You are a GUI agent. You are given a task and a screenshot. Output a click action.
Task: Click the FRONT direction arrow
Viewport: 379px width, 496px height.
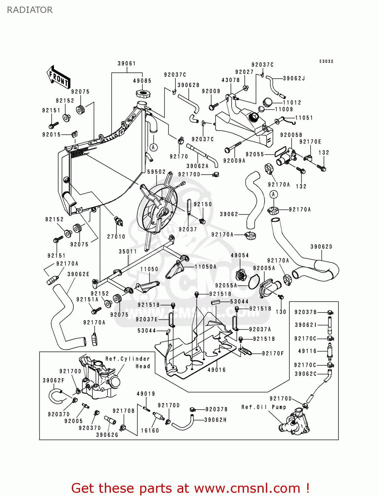point(59,77)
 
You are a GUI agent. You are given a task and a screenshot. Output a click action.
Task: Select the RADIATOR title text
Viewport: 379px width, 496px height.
point(30,10)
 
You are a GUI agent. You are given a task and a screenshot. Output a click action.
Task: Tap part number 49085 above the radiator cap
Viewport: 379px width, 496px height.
point(142,81)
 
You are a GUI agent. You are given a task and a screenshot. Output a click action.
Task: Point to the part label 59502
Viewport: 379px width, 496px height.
point(156,172)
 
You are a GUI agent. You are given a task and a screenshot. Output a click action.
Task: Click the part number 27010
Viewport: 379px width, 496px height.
point(116,237)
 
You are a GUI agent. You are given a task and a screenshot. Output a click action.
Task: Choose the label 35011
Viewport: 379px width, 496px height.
point(128,252)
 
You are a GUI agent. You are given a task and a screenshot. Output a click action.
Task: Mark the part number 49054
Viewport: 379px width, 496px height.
point(240,255)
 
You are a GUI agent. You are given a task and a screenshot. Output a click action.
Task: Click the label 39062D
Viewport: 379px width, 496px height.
point(321,247)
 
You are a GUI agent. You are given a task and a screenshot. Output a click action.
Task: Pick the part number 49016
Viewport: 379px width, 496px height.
point(217,370)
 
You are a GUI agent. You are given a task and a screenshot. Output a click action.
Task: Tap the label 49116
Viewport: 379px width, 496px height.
point(307,351)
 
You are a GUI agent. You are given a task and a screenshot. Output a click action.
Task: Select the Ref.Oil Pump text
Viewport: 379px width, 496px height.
point(264,407)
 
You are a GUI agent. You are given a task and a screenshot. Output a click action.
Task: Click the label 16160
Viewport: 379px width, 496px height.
point(150,431)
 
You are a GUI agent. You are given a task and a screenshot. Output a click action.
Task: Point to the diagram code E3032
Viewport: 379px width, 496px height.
point(326,62)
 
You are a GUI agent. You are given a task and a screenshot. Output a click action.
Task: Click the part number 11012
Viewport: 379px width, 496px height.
point(292,103)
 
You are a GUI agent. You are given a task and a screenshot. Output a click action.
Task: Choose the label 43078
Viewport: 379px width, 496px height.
point(231,80)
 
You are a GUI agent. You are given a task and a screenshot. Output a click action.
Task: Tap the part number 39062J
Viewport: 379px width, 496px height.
point(294,78)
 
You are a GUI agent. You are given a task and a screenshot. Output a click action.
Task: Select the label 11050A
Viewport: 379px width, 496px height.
point(205,267)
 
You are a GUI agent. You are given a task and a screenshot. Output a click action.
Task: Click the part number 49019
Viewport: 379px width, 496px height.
point(146,394)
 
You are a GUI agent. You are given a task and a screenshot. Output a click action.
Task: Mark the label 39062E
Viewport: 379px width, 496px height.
point(78,274)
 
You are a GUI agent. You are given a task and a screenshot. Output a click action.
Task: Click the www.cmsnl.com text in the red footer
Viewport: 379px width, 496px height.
point(247,488)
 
